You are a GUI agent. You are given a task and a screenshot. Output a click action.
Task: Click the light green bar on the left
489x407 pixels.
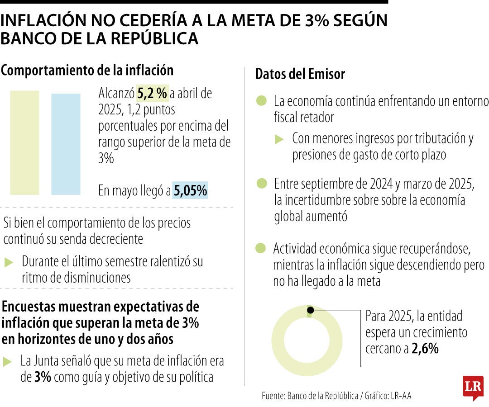click(24, 142)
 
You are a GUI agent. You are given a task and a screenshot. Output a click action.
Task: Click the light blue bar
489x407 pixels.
click(66, 144)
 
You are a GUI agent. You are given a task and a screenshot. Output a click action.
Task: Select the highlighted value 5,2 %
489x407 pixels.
click(153, 94)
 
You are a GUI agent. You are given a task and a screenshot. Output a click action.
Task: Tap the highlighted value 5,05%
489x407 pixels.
click(190, 191)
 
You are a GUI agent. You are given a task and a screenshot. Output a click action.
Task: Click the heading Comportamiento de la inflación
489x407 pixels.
click(87, 71)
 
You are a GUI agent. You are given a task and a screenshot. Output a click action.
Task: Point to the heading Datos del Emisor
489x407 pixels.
click(300, 74)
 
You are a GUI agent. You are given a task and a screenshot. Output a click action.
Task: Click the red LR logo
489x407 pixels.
click(473, 387)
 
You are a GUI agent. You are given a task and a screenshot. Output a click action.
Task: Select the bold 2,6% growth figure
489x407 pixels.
click(425, 349)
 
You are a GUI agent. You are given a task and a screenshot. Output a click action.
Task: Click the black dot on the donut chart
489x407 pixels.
click(310, 310)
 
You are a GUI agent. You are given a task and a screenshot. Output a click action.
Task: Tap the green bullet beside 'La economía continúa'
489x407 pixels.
click(261, 101)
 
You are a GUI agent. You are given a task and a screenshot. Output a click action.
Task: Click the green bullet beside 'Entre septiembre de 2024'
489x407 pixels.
click(262, 184)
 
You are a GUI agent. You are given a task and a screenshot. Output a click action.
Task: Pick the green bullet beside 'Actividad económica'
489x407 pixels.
click(261, 248)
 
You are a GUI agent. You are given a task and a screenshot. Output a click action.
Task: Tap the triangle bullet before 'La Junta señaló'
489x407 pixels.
click(8, 361)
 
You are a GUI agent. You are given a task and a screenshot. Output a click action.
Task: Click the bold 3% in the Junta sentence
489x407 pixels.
click(43, 377)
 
